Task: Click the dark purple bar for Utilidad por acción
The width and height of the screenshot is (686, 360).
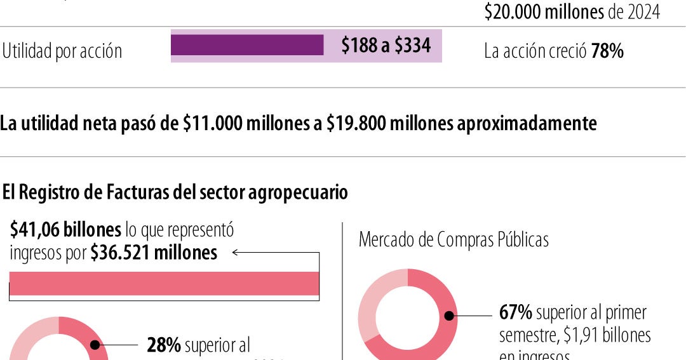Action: (247, 45)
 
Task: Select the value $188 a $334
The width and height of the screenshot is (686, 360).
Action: (386, 46)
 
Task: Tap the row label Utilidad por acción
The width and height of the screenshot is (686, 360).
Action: (62, 51)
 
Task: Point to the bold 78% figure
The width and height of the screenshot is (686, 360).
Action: (607, 51)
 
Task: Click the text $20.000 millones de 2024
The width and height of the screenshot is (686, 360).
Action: (572, 12)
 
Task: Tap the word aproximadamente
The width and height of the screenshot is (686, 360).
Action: (527, 123)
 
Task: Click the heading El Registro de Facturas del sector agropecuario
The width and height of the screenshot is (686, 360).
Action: (175, 192)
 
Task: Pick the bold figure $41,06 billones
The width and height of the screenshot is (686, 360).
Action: (65, 230)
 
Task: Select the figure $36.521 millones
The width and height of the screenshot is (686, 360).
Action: (154, 253)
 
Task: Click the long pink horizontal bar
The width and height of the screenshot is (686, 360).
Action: (164, 283)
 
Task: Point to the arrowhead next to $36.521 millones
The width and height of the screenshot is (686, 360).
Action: (235, 253)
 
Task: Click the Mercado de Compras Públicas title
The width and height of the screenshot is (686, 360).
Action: (454, 239)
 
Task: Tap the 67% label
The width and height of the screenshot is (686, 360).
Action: (515, 312)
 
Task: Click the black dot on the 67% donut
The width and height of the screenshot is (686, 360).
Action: (449, 315)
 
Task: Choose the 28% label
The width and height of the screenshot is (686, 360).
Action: (164, 345)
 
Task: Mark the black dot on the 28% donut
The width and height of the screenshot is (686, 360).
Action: (95, 345)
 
